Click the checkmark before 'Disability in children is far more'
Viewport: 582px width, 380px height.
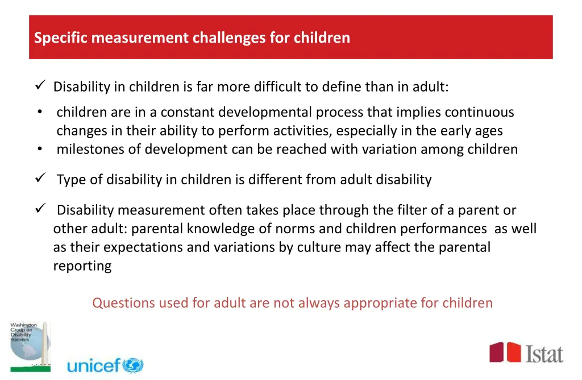pos(40,86)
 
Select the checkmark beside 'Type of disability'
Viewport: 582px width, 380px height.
pos(40,179)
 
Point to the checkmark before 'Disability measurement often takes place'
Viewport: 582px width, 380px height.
pos(40,209)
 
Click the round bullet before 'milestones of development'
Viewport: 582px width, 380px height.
pos(39,149)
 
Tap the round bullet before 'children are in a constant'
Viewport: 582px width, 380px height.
pos(39,112)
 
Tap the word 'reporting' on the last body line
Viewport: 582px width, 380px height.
pos(82,266)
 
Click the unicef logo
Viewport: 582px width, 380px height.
pos(105,365)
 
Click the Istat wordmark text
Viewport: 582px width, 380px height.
pos(543,353)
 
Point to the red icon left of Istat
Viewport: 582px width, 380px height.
pos(505,352)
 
